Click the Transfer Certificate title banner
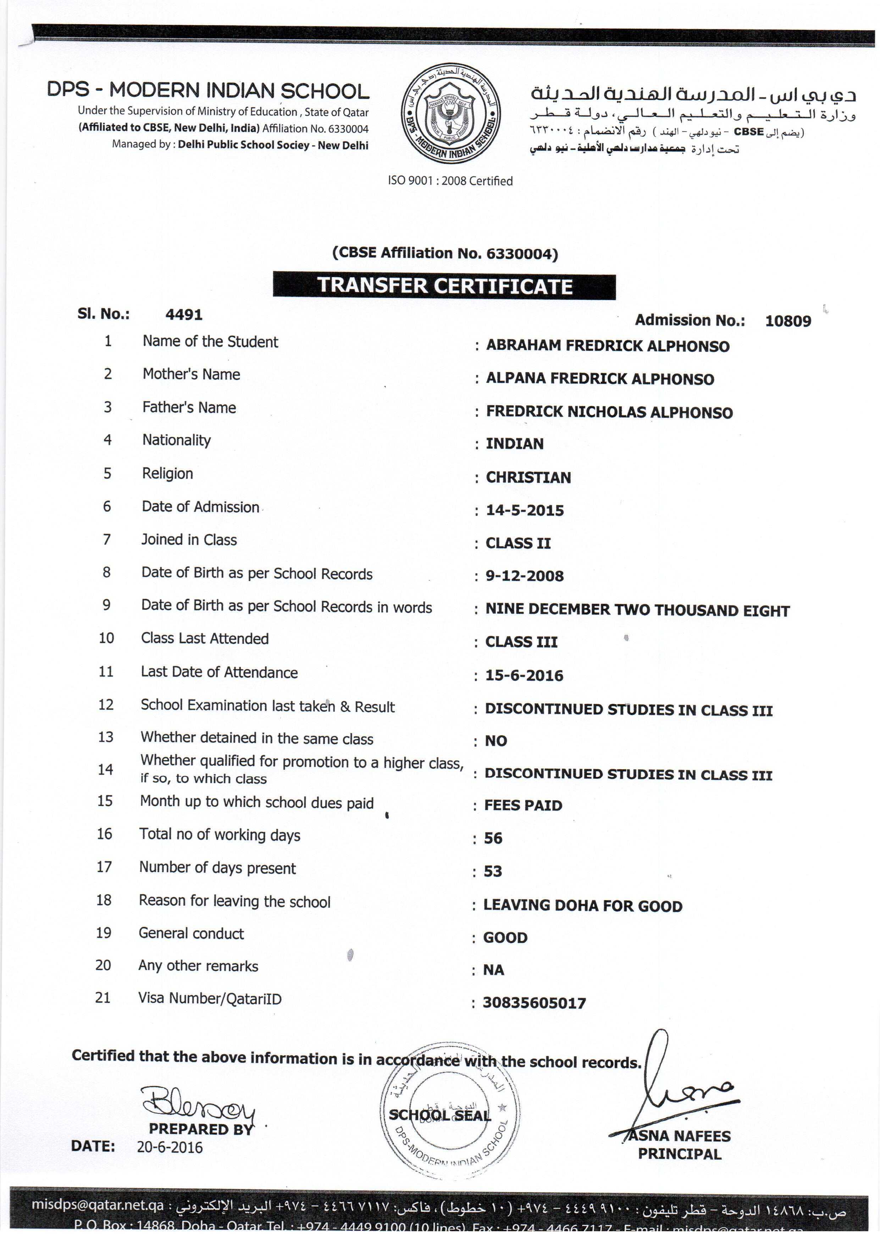pos(444,286)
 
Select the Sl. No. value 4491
pos(184,314)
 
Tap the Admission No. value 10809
pos(788,321)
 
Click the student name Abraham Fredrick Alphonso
pos(608,346)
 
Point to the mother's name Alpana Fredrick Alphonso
pos(600,379)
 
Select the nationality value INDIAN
pos(514,444)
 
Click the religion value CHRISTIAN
pos(528,477)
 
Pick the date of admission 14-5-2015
pos(525,510)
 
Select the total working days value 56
pos(493,838)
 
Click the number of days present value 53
pos(493,871)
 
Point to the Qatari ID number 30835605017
pos(534,1003)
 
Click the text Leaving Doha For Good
pos(582,906)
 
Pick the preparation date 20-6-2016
pos(170,1147)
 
